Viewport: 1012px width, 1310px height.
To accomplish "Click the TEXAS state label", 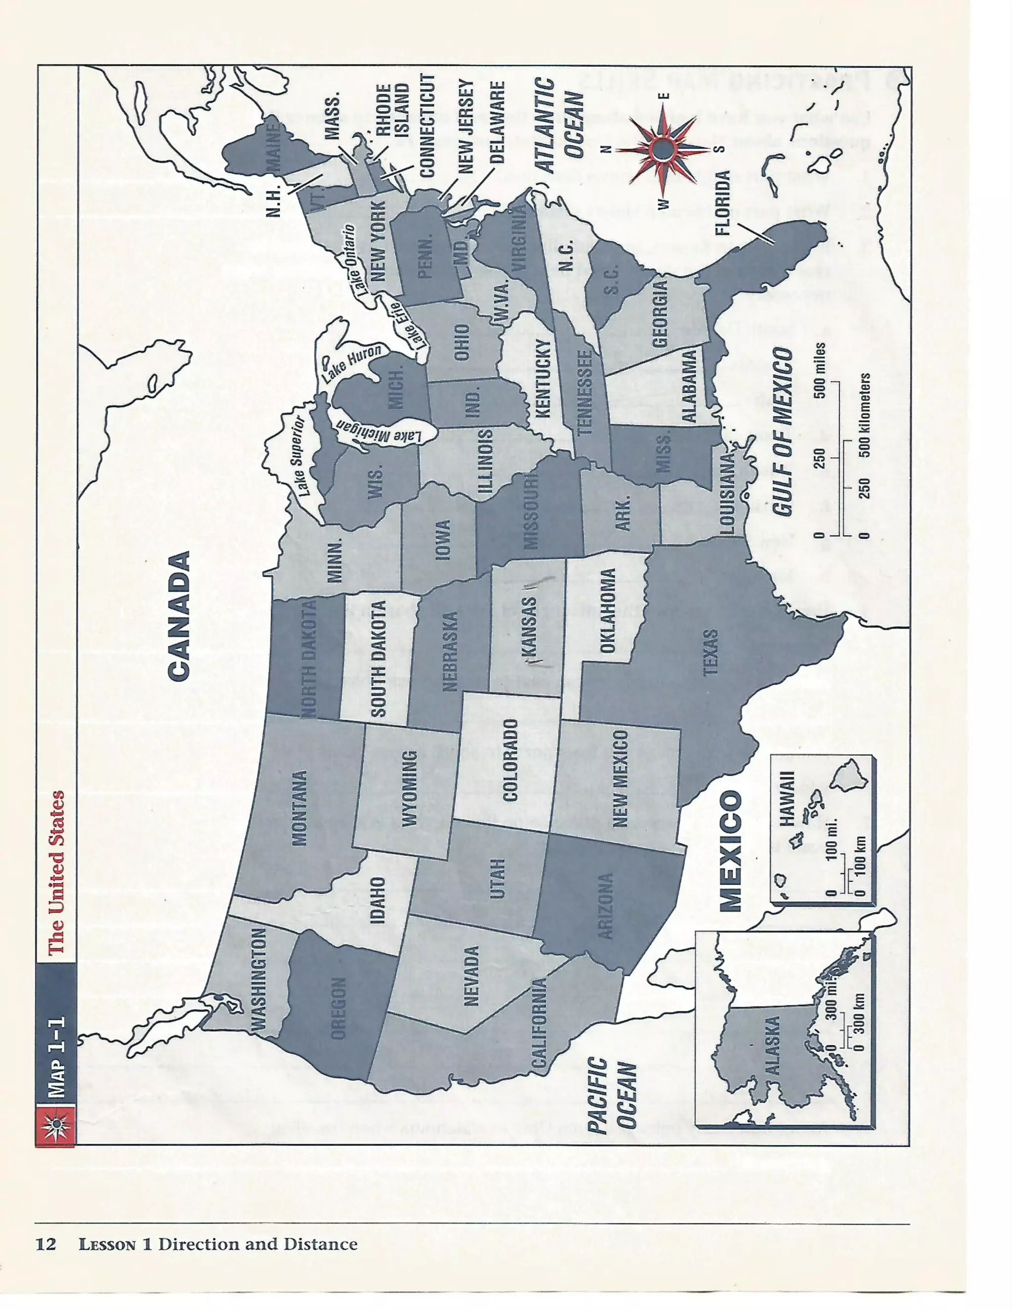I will [710, 652].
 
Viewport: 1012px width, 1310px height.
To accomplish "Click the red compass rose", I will [663, 149].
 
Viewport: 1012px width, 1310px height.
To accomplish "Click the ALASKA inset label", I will [772, 1045].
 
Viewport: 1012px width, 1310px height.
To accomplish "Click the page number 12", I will [45, 1244].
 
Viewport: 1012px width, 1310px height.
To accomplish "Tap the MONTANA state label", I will [298, 808].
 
